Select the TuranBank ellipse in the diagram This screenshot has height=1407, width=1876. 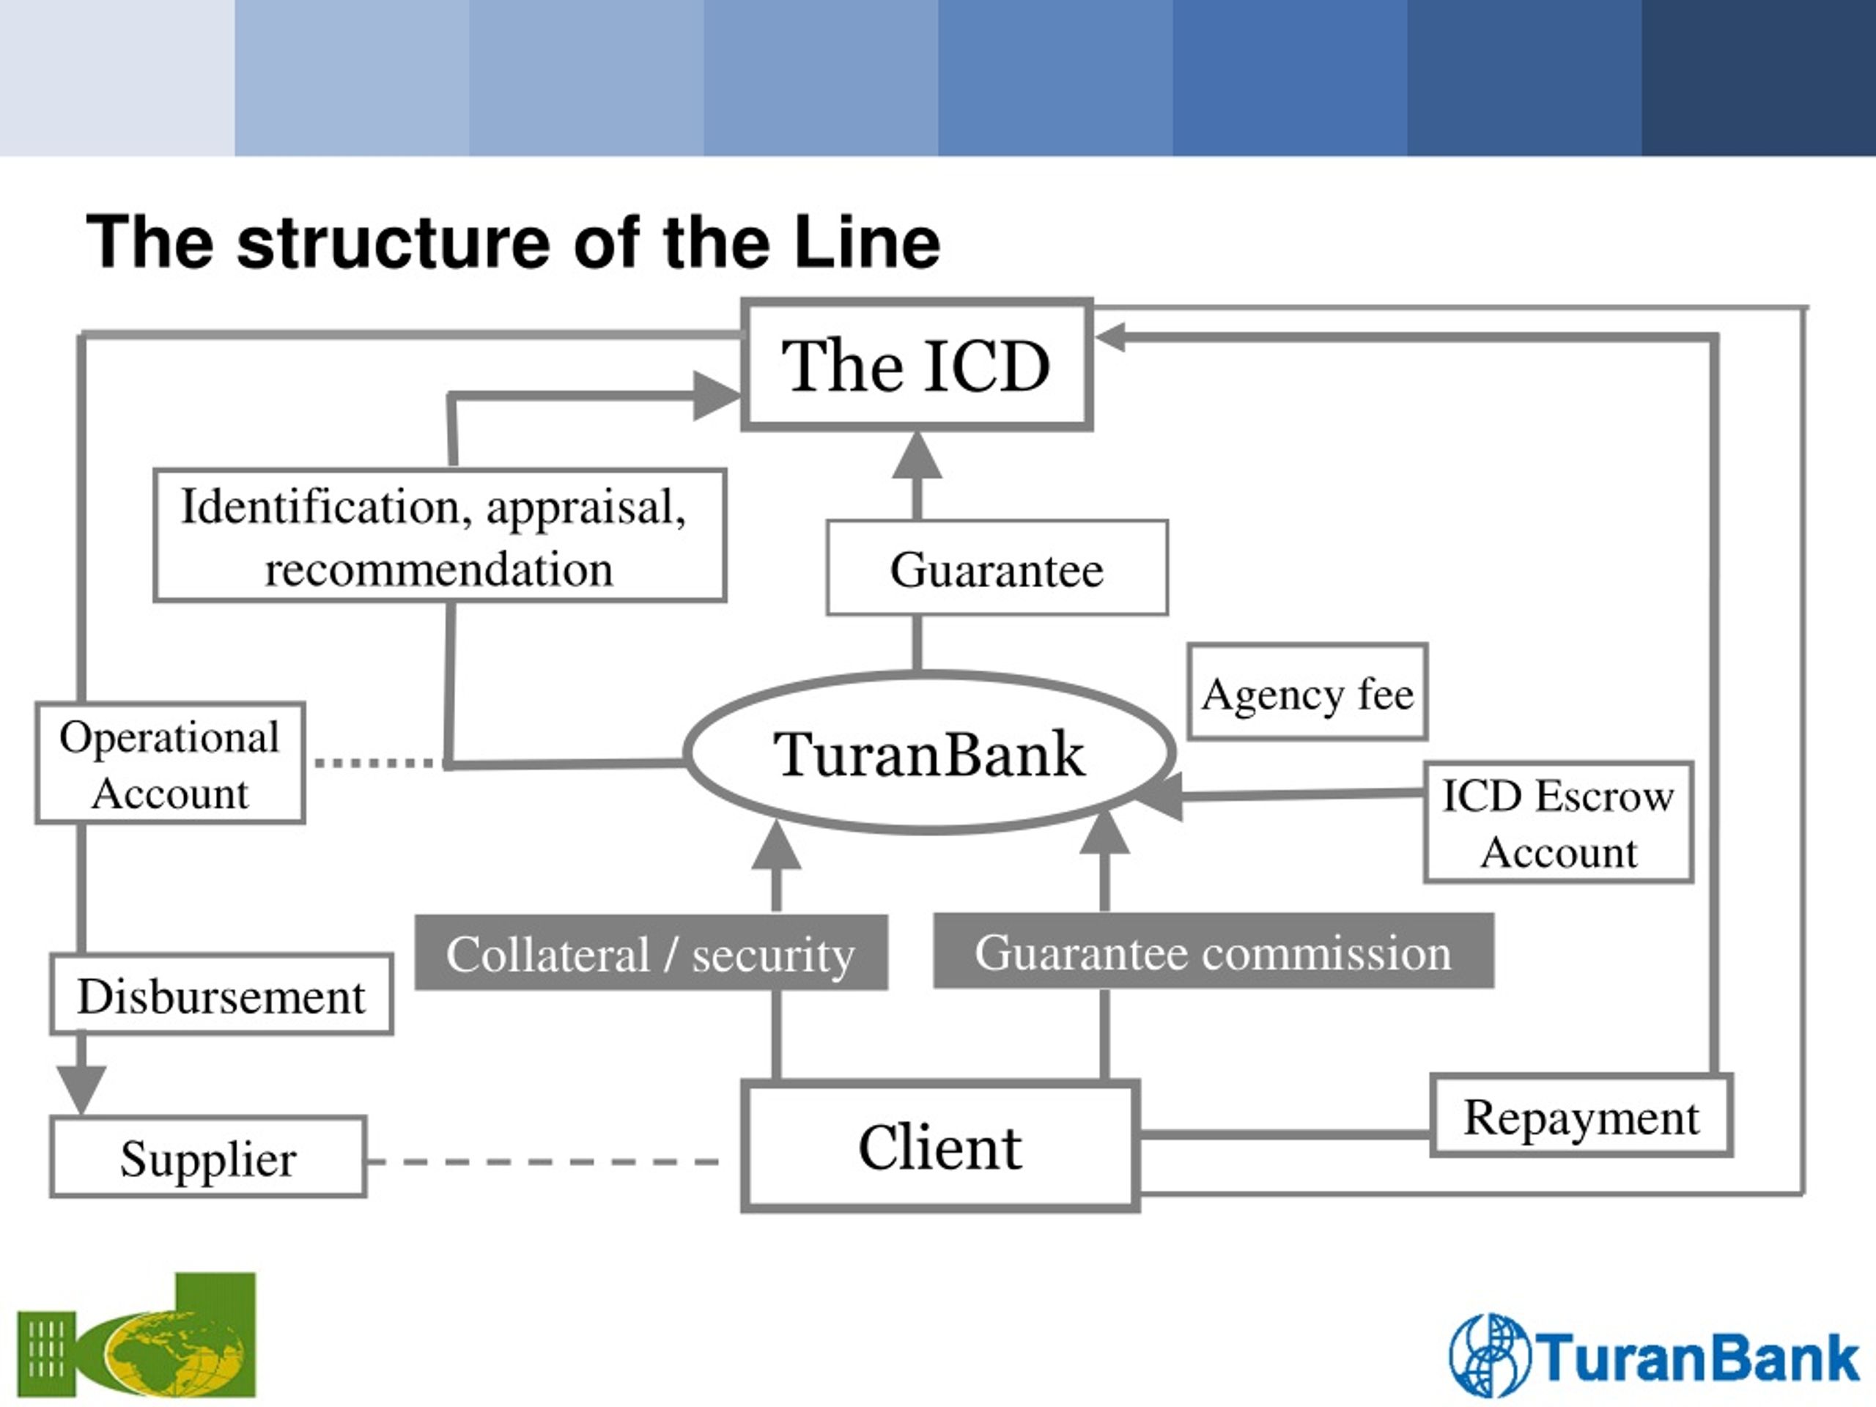pos(929,753)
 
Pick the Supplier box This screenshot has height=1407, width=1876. pos(209,1158)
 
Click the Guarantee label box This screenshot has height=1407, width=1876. pos(997,568)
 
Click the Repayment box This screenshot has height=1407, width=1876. pos(1581,1116)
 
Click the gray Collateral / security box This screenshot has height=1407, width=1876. pos(651,953)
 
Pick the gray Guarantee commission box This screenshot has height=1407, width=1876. pos(1214,950)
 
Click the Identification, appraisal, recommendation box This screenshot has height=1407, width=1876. pos(439,536)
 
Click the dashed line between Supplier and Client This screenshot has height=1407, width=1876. pos(543,1161)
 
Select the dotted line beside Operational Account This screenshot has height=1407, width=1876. pos(379,762)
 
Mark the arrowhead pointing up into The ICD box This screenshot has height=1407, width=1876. pos(917,454)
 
